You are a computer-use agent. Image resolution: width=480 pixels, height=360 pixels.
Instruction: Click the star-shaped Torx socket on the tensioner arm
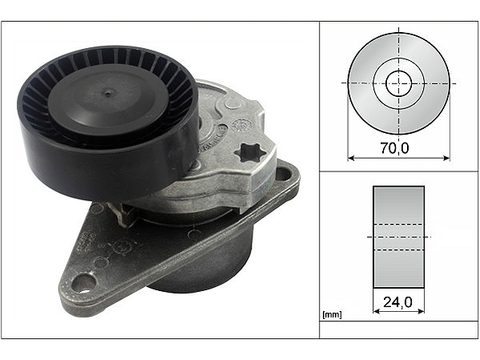point(247,153)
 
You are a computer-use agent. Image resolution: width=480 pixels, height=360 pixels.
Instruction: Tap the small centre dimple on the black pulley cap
point(107,93)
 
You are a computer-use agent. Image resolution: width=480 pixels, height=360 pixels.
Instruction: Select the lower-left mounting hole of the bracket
point(84,282)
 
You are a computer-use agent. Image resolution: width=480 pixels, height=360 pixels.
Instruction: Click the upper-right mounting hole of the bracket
point(284,175)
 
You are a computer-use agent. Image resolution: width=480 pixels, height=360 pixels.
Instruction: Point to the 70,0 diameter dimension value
point(394,148)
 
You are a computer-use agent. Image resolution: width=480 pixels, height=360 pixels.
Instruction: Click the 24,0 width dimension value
point(397,302)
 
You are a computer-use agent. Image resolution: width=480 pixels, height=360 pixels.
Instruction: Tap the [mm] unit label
point(332,314)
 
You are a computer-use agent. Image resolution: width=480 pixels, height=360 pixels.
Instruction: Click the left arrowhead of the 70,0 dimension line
point(351,158)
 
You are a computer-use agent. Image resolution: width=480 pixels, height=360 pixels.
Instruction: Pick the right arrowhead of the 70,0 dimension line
point(446,158)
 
